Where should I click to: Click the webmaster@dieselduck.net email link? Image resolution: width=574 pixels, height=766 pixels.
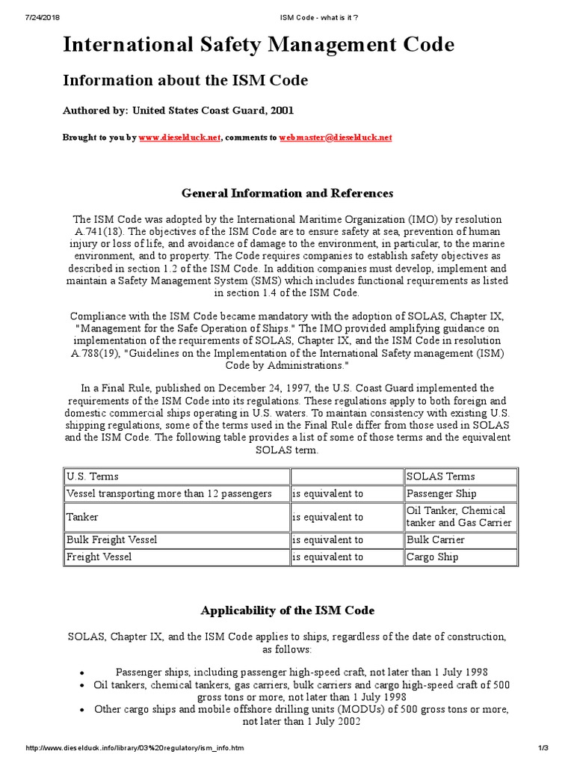[x=336, y=138]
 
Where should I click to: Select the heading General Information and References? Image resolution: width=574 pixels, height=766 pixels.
[x=287, y=193]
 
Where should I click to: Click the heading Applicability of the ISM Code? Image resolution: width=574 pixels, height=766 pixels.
[x=287, y=610]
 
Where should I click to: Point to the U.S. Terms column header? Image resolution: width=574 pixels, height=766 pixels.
[x=93, y=477]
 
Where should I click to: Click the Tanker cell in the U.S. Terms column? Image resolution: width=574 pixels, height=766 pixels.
[x=82, y=517]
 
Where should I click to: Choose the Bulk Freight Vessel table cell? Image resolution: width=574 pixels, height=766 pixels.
[x=112, y=539]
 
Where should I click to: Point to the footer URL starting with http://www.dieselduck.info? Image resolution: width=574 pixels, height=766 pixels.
[x=135, y=748]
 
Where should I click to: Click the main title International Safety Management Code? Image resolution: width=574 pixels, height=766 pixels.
[x=258, y=46]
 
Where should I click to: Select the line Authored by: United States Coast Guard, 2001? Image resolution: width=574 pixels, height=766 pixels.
[x=178, y=110]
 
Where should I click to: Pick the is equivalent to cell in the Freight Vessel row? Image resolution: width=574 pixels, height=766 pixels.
[x=327, y=557]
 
